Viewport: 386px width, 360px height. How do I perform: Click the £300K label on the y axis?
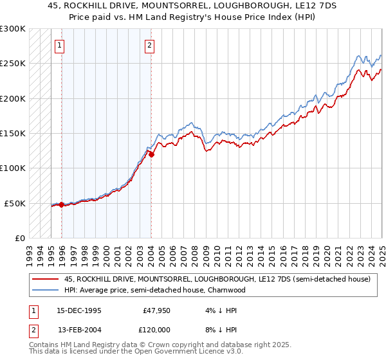pyautogui.click(x=13, y=29)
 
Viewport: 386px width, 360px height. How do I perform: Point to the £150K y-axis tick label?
pyautogui.click(x=13, y=133)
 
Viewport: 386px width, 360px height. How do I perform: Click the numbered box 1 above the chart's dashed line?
pyautogui.click(x=59, y=45)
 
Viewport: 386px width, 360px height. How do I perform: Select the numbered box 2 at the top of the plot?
pyautogui.click(x=149, y=45)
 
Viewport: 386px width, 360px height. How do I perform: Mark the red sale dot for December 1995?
pyautogui.click(x=61, y=204)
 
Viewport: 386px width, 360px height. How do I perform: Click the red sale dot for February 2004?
pyautogui.click(x=151, y=154)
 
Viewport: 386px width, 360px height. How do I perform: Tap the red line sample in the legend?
pyautogui.click(x=46, y=280)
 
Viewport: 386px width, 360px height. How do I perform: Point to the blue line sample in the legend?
pyautogui.click(x=46, y=290)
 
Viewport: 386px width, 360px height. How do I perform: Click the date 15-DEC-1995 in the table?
pyautogui.click(x=80, y=310)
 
